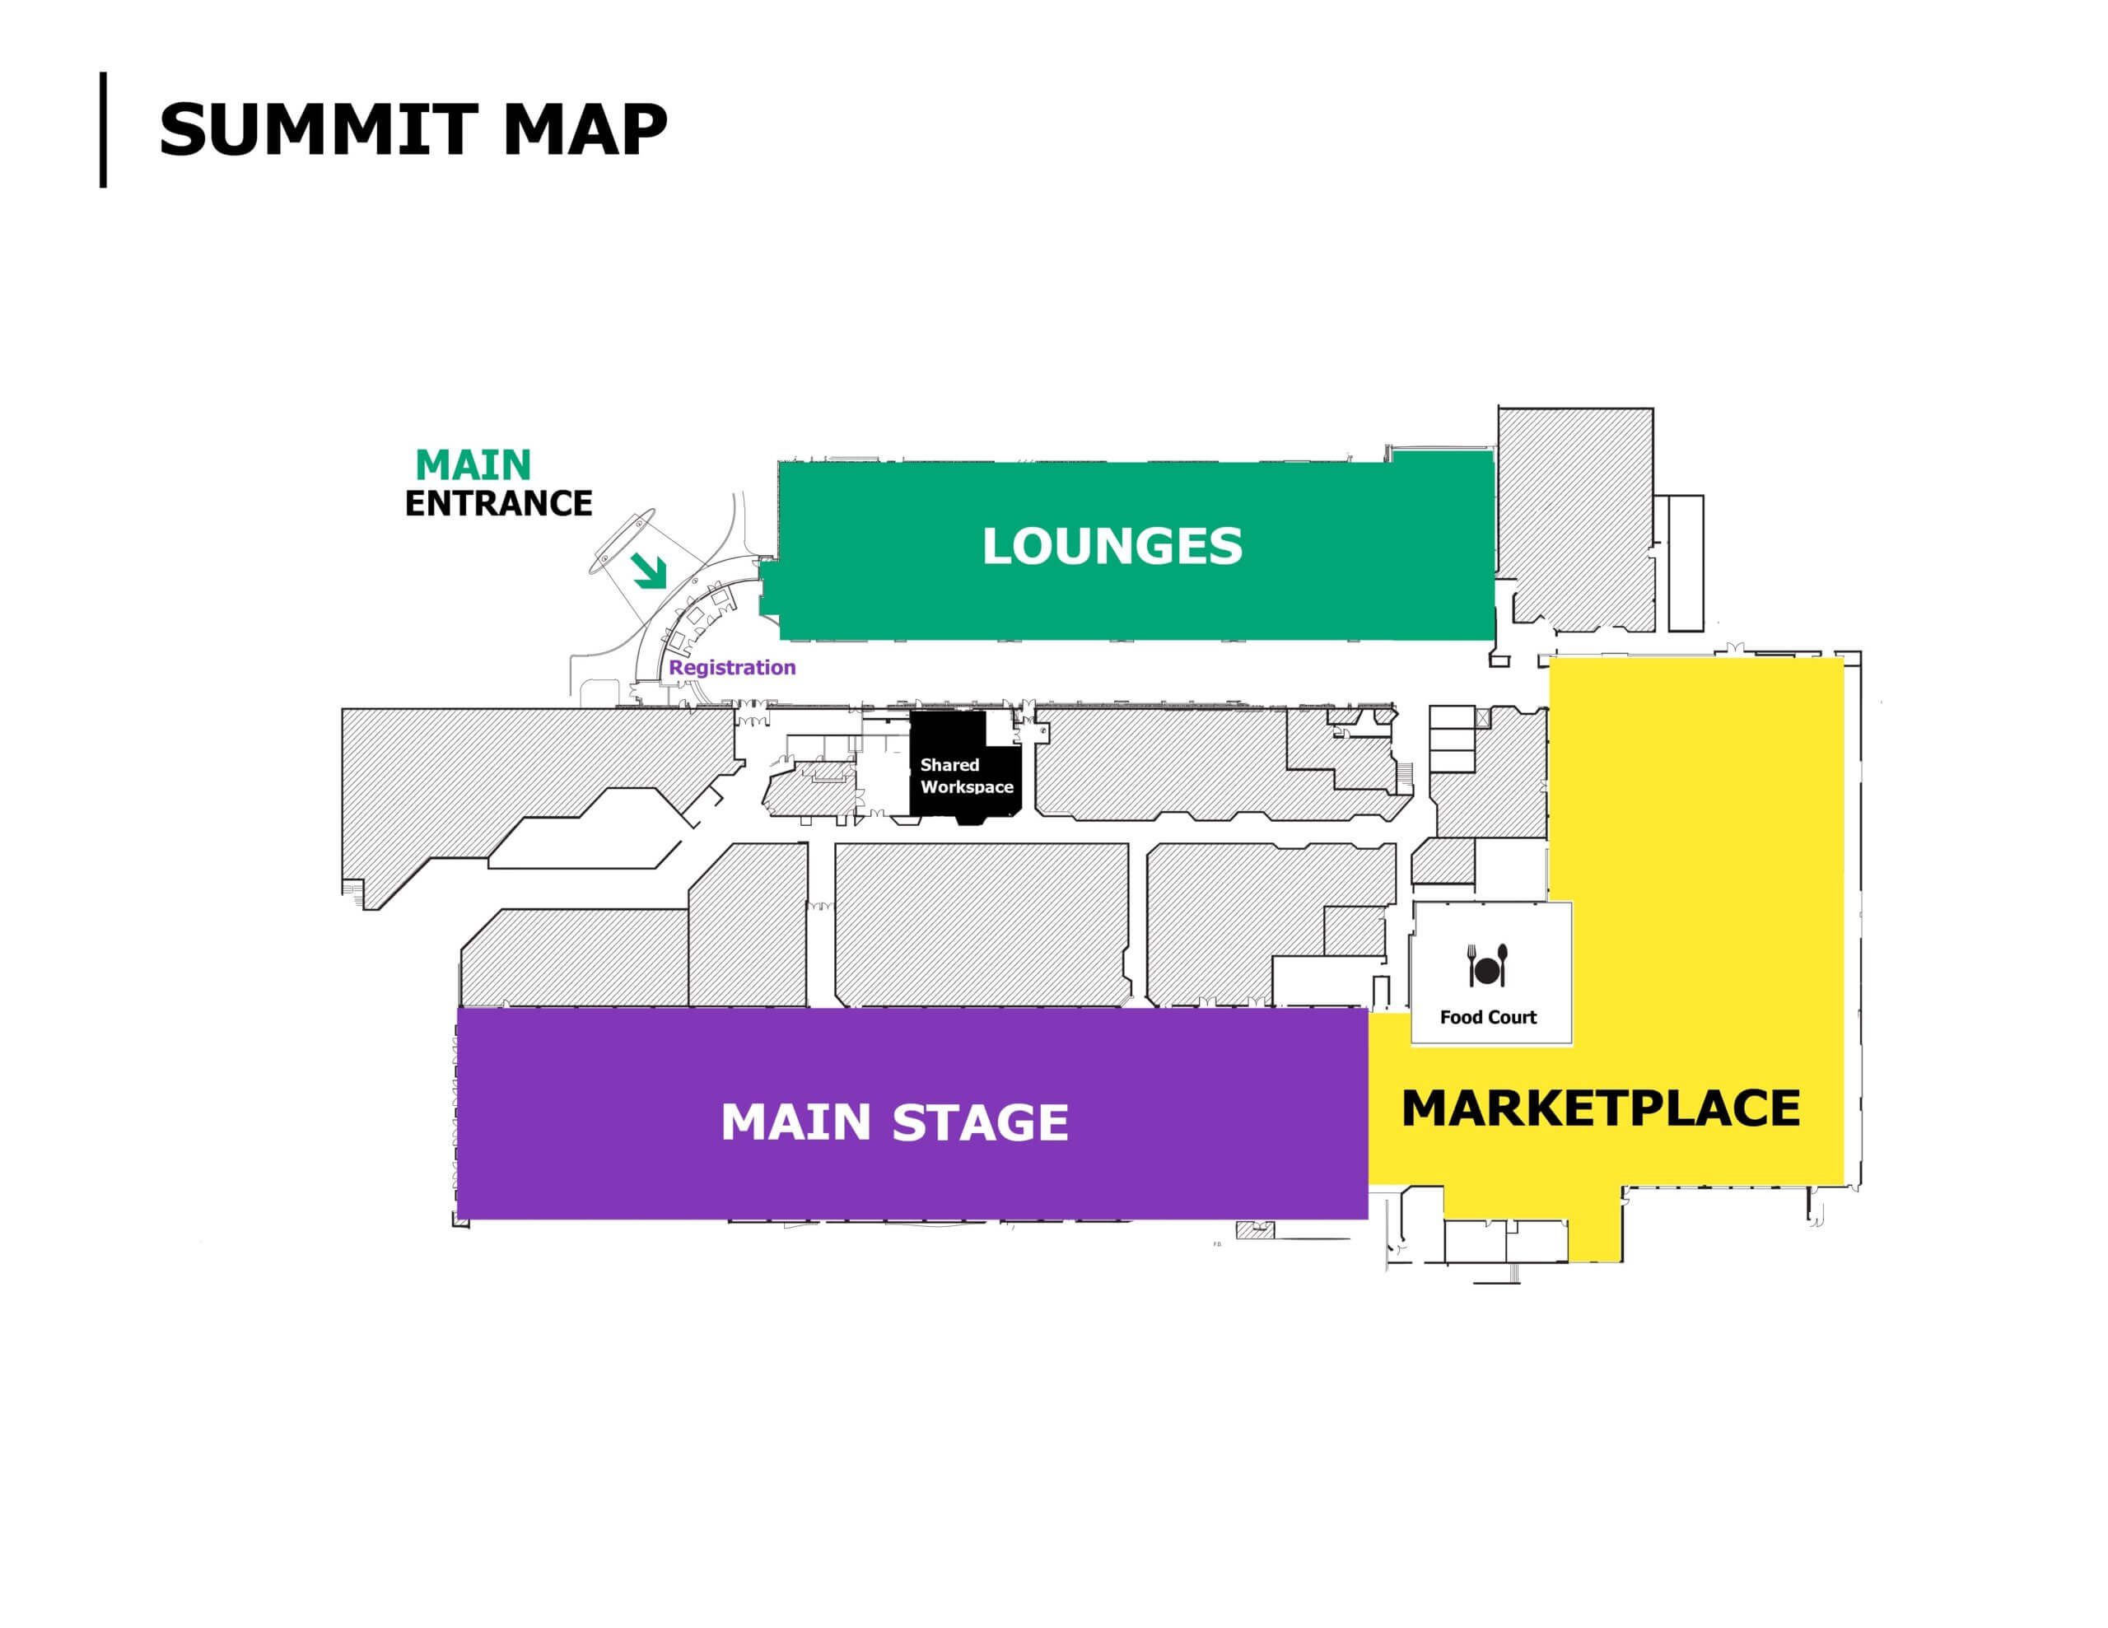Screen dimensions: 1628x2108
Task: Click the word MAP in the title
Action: (x=584, y=129)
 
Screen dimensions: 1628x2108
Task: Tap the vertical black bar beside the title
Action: (x=103, y=129)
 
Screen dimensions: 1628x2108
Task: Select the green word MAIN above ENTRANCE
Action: (x=473, y=466)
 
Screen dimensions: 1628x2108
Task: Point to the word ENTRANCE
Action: (x=498, y=504)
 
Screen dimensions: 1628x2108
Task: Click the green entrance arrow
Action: (x=650, y=571)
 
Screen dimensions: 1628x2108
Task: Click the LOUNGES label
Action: (x=1112, y=546)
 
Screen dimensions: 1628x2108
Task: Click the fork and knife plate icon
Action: (x=1487, y=965)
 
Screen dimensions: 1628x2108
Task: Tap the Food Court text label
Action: (x=1487, y=1017)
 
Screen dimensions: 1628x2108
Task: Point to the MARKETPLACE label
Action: (x=1600, y=1108)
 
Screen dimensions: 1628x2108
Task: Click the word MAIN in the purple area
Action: (x=796, y=1122)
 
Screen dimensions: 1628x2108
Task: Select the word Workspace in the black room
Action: (x=966, y=787)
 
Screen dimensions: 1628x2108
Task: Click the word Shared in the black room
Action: (x=949, y=765)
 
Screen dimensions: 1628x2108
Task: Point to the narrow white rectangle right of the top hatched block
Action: (x=1686, y=562)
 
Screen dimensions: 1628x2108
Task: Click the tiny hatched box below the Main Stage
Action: (x=1255, y=1230)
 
